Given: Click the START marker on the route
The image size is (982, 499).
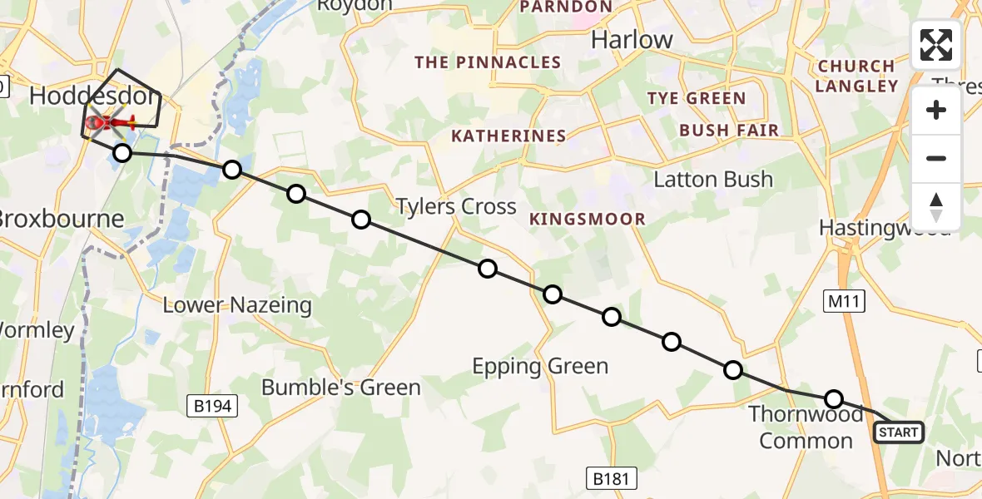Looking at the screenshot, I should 898,432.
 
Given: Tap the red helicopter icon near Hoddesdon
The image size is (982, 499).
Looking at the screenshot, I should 109,125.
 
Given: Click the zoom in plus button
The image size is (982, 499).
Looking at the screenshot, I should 936,111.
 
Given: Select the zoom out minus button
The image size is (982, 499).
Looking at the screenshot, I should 936,158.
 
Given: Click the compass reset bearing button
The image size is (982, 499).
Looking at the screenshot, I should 936,206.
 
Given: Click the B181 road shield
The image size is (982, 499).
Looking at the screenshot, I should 612,478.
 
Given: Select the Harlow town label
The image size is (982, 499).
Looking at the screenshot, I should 632,40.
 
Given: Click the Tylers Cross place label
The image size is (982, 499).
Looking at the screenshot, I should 456,206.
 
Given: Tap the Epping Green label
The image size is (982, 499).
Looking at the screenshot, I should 540,366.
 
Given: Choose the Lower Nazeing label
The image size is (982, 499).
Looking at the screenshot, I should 237,305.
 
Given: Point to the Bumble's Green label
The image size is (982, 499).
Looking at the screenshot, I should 341,387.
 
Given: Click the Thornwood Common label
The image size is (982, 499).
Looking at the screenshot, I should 806,427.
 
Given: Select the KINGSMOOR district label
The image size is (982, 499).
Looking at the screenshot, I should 587,220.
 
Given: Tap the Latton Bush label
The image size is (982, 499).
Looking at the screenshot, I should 713,180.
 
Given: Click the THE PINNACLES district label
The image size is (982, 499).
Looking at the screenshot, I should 488,62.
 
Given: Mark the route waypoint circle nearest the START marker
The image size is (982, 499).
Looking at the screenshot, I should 834,398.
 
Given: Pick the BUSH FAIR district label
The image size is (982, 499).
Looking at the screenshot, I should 729,131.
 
